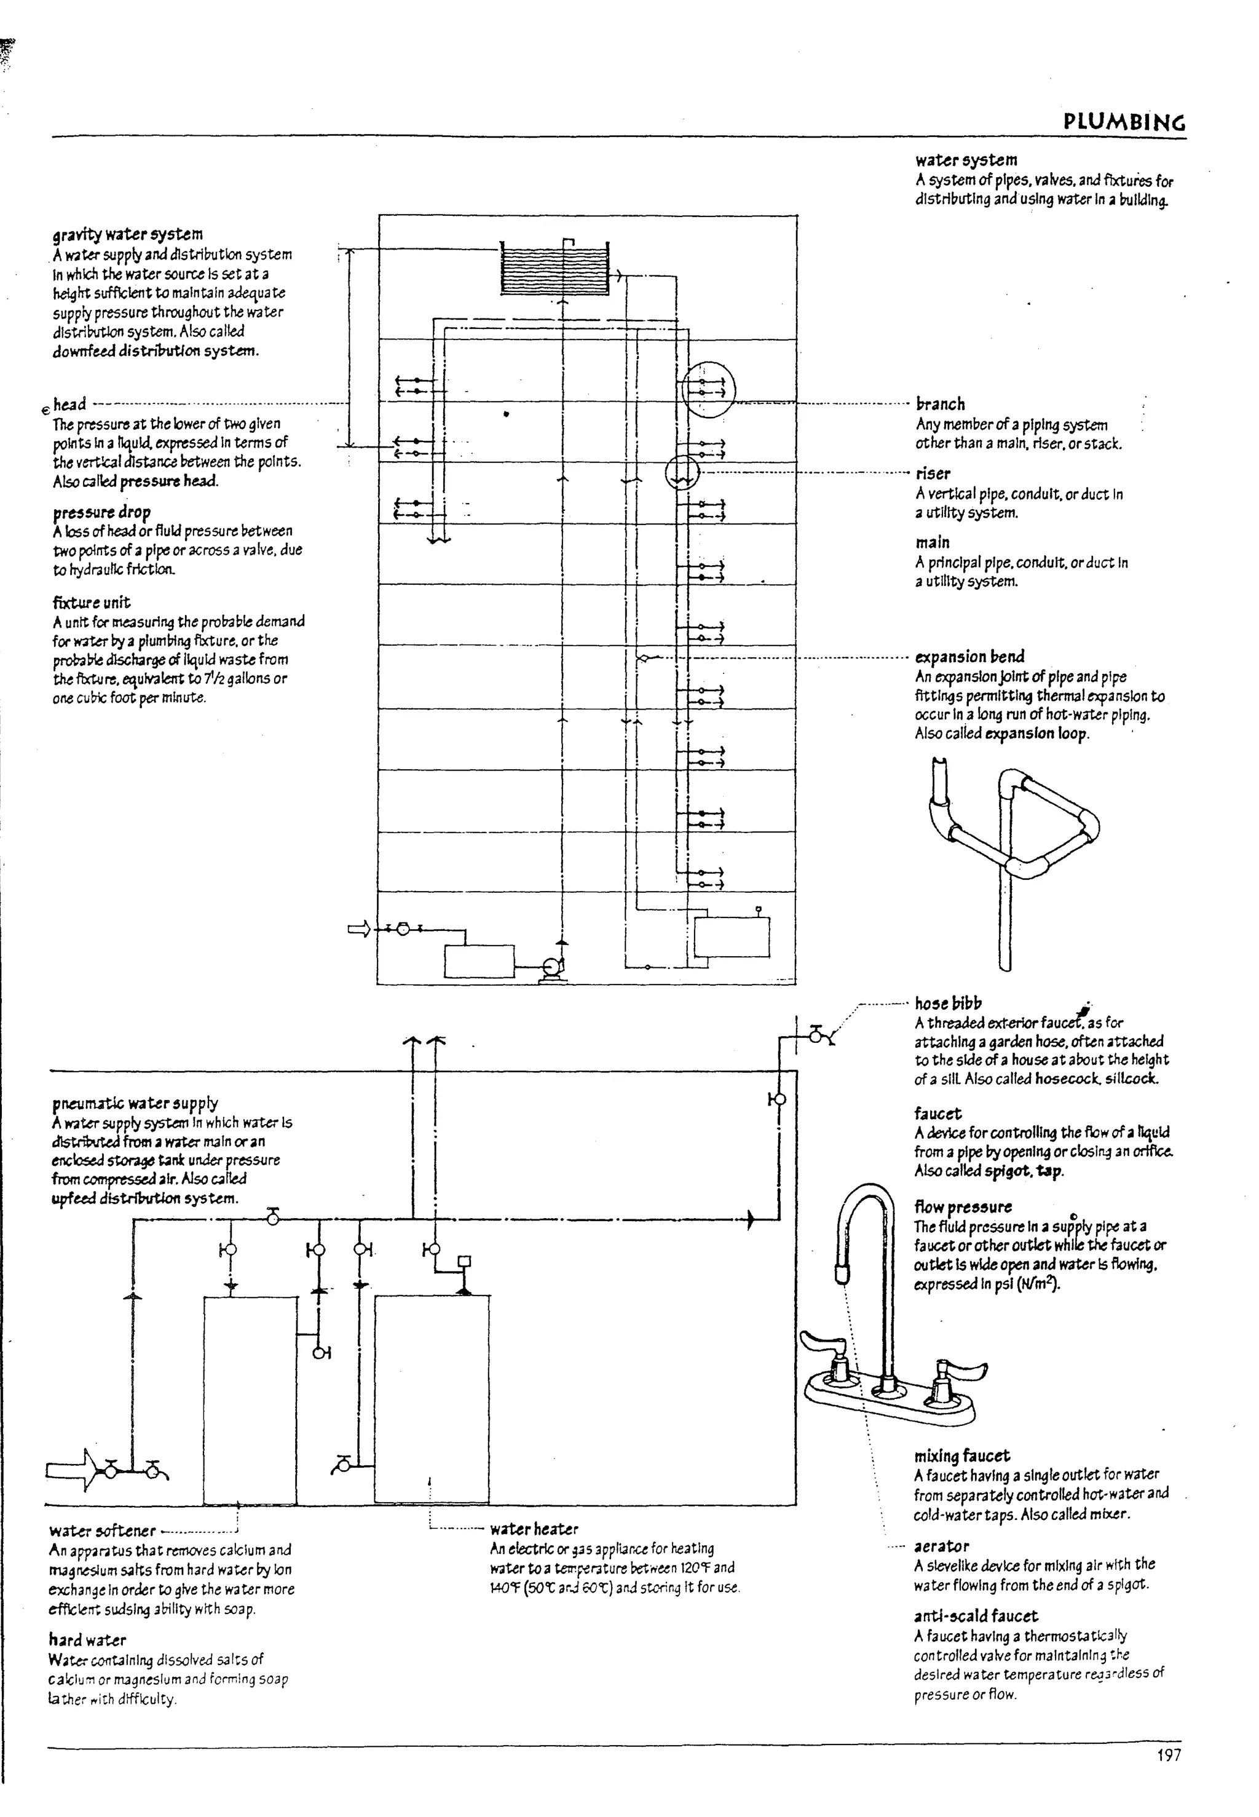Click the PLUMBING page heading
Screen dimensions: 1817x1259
(1124, 122)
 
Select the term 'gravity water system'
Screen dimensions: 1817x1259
(128, 234)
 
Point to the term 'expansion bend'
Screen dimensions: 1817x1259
(969, 657)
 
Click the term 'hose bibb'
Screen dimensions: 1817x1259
(948, 1003)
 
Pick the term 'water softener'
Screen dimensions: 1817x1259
(103, 1532)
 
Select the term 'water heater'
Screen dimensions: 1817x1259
(534, 1529)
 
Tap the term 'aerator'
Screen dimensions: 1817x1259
(942, 1546)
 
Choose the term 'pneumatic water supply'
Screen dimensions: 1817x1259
(135, 1103)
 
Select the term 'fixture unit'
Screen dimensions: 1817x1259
(92, 603)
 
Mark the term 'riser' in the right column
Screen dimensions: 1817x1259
(933, 473)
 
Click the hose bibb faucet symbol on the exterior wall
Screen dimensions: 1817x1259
(818, 1034)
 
